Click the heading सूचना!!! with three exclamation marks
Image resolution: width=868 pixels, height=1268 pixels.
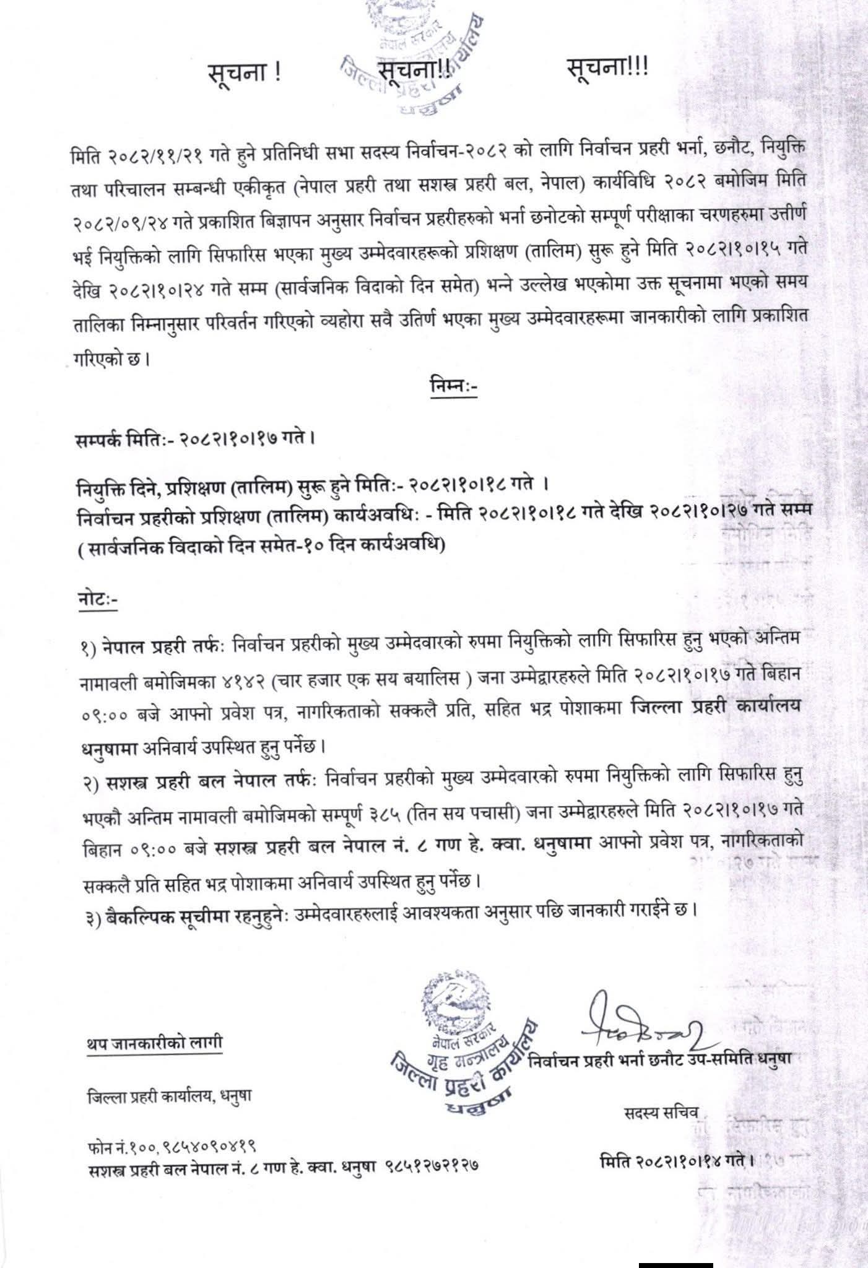[607, 67]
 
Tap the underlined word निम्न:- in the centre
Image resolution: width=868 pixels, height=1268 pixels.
[454, 386]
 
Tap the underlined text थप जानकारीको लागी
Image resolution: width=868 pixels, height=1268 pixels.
[154, 1043]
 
